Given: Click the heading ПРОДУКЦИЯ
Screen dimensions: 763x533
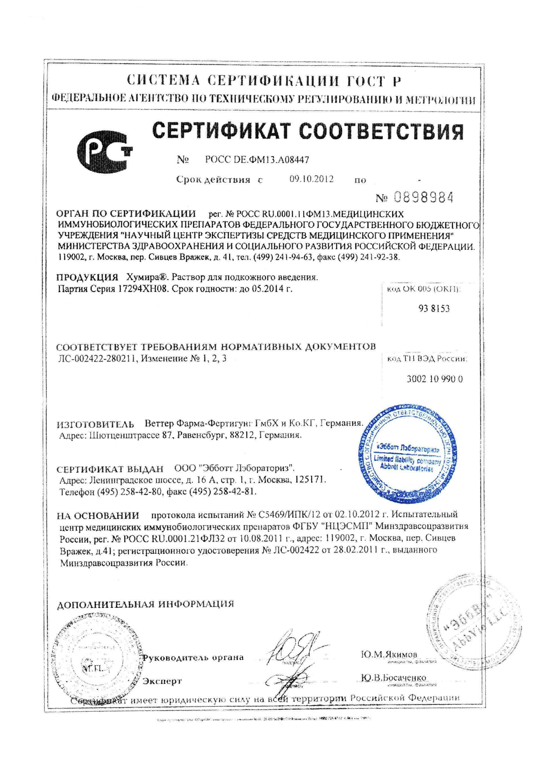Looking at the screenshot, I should (x=87, y=277).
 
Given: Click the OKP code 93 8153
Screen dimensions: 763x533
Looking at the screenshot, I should (x=433, y=308).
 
